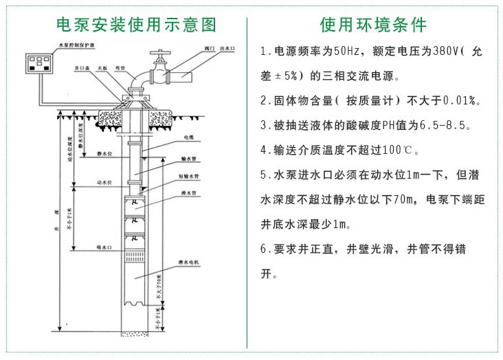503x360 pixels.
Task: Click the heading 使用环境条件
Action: pos(374,25)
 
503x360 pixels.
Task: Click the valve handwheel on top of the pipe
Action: pos(159,52)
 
